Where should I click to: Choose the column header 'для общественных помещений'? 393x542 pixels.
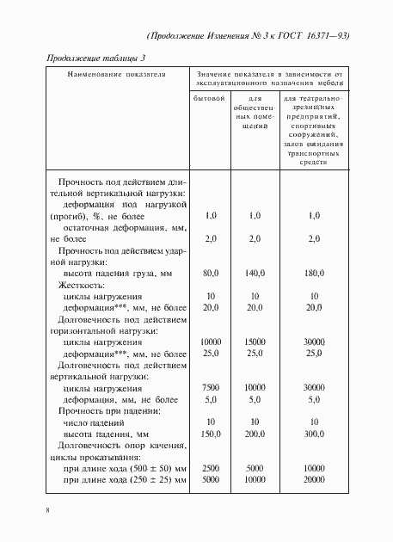[255, 114]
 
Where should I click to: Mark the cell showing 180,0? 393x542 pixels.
[314, 273]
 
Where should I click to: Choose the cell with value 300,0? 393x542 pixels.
[314, 434]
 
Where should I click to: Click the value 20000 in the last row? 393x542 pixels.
[314, 478]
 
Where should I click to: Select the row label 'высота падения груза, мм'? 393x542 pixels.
[118, 273]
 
